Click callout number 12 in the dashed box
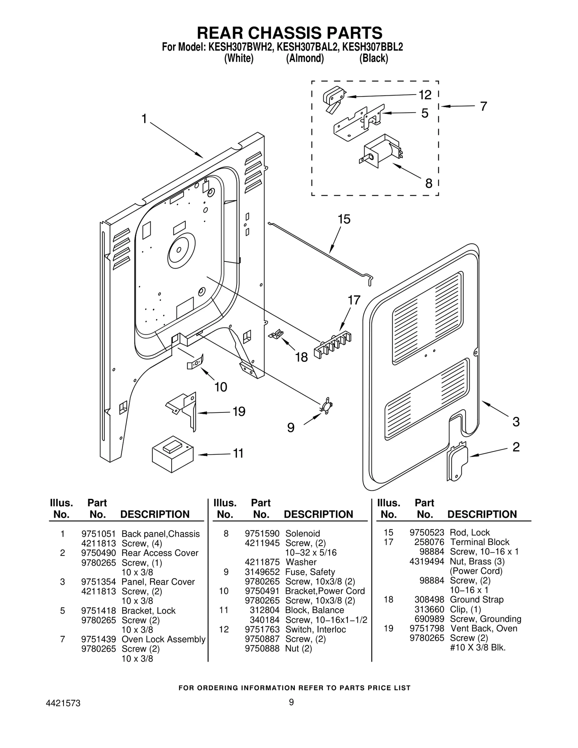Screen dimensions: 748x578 coord(425,95)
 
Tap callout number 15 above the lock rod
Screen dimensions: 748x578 coord(344,219)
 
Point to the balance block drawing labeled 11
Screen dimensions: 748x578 coord(172,454)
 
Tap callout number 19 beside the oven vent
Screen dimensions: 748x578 coord(239,411)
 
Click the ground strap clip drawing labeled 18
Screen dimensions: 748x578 coord(276,334)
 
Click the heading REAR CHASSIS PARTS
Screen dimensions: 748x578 coord(289,33)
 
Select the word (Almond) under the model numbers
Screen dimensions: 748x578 coord(305,58)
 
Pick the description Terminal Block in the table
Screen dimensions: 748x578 coord(479,542)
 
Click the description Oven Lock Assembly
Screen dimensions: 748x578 coord(163,639)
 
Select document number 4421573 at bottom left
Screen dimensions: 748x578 coord(63,703)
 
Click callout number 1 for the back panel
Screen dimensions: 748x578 coord(144,118)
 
